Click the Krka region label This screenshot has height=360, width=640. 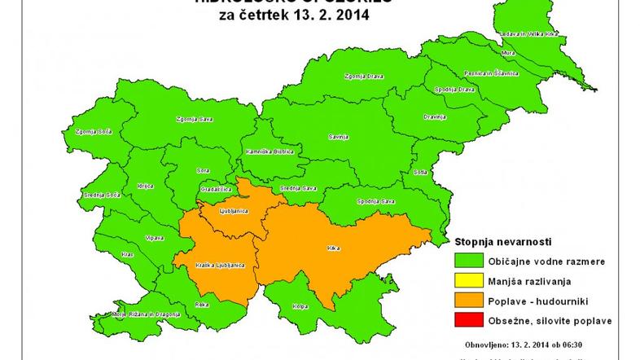tap(331, 247)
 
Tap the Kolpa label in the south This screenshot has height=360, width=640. tap(300, 308)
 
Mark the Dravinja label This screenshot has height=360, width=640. tap(435, 116)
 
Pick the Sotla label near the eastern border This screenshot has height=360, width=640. tap(420, 173)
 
